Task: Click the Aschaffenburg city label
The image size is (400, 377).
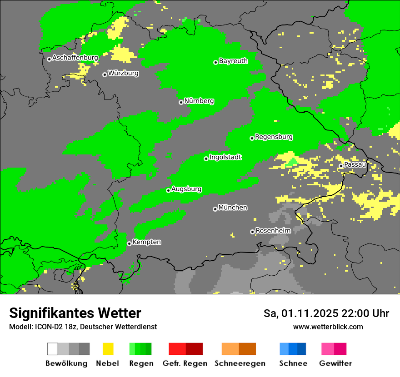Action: click(75, 58)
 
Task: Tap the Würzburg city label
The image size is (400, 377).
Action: click(123, 74)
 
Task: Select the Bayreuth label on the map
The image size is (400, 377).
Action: click(233, 61)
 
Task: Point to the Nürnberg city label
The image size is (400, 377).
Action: click(199, 101)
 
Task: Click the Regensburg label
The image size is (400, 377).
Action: click(274, 137)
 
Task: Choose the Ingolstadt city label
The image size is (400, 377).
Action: click(225, 158)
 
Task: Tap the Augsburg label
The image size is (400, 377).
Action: click(186, 189)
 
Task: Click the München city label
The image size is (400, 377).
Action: click(233, 208)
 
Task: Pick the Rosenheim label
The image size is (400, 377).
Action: click(273, 231)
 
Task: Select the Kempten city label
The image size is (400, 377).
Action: click(146, 243)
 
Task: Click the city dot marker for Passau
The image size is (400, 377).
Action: click(341, 166)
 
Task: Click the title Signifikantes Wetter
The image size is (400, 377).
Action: click(75, 313)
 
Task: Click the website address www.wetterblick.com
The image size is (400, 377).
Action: click(328, 327)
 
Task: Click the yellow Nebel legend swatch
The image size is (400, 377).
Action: click(108, 349)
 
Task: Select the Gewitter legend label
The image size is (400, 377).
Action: click(335, 363)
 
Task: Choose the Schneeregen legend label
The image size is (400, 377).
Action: click(240, 363)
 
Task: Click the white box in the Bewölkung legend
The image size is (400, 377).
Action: click(53, 349)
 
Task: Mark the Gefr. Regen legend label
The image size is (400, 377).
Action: click(185, 363)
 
